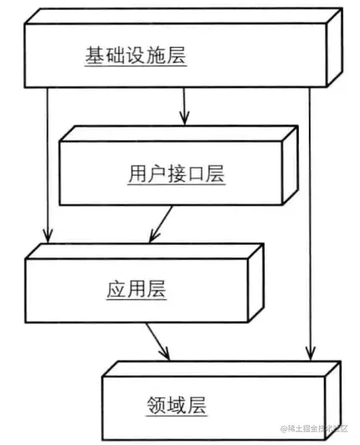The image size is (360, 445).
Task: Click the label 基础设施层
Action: [x=136, y=55]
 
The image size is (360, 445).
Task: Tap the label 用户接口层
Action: [x=177, y=173]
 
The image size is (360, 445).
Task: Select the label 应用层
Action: [x=136, y=289]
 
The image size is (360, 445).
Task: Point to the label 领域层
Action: [x=177, y=406]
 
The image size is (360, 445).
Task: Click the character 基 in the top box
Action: [x=95, y=55]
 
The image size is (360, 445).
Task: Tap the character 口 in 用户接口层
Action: [x=196, y=173]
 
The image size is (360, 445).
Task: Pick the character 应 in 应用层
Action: [x=116, y=289]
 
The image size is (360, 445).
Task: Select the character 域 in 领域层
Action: [x=177, y=406]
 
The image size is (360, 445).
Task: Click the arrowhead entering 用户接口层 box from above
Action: [x=184, y=119]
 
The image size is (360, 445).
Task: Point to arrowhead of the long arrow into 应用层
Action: [x=48, y=236]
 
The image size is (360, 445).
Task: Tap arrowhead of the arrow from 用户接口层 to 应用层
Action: [x=154, y=236]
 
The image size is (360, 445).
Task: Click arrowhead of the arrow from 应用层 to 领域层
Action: [x=165, y=354]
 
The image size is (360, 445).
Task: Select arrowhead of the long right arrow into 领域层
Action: [x=311, y=354]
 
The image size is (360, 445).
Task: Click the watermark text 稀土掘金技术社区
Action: [x=314, y=428]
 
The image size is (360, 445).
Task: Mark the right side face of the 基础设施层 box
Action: [x=335, y=48]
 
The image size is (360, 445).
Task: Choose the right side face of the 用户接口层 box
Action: [x=290, y=165]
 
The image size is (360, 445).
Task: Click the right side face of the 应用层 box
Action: [x=256, y=283]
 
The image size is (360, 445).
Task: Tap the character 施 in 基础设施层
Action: [x=156, y=55]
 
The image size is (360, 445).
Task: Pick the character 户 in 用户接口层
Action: [x=157, y=173]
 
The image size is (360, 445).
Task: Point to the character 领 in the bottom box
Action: [x=157, y=406]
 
